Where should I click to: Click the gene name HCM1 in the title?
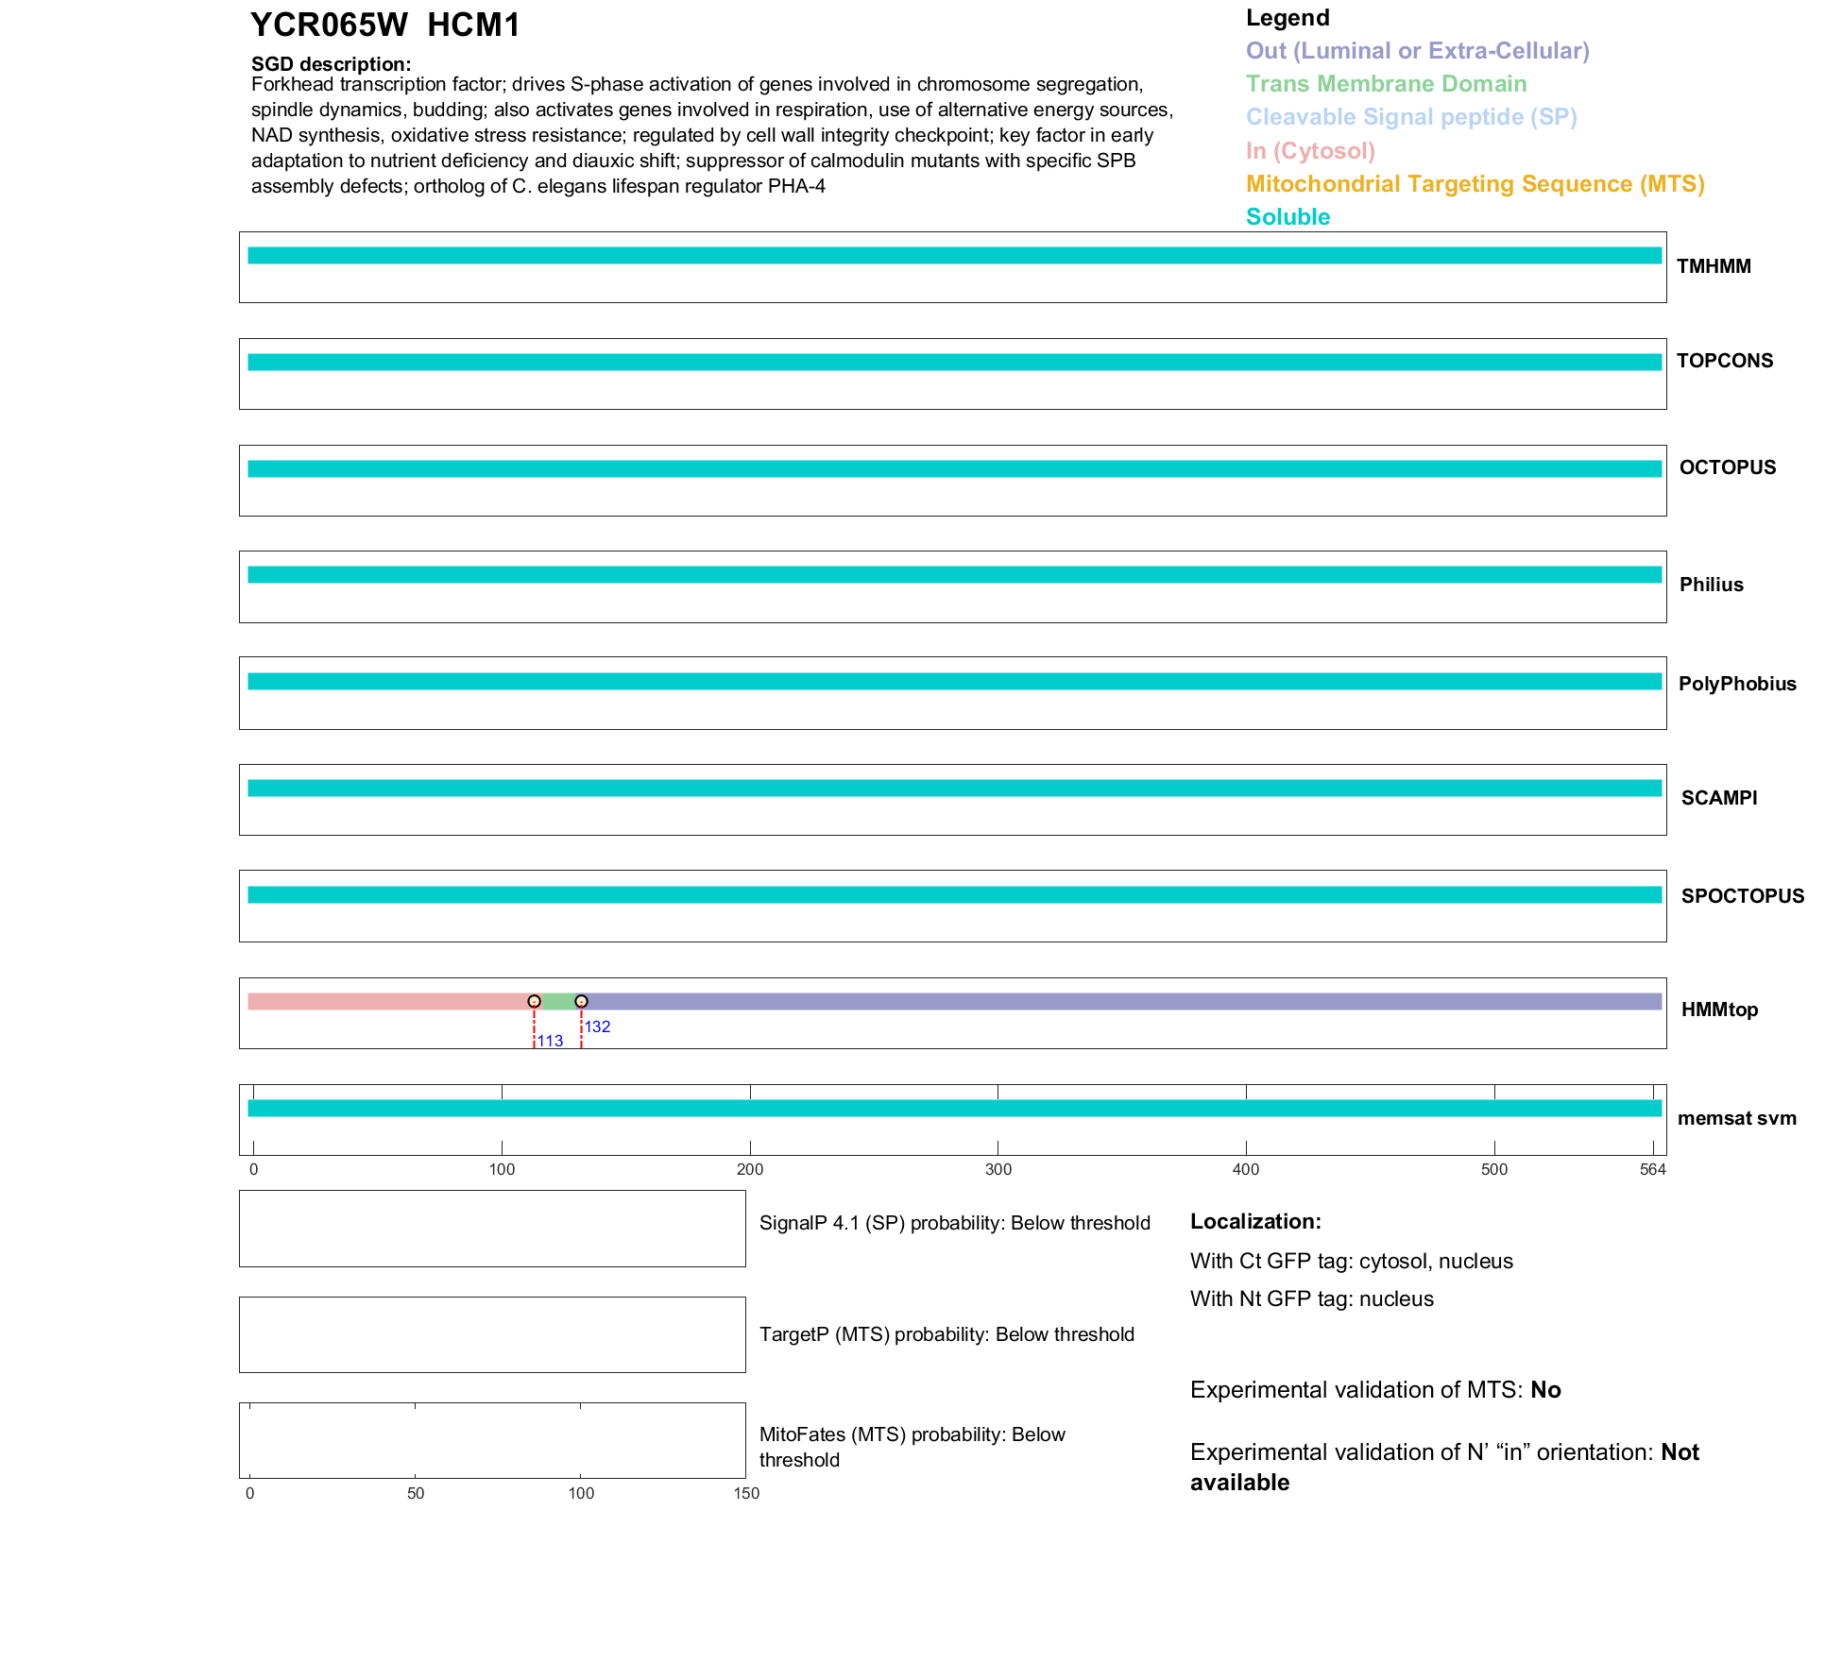[x=473, y=25]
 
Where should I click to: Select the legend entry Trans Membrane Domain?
[x=1386, y=84]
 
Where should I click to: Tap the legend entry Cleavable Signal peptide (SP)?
[x=1411, y=117]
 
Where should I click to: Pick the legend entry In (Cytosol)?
[x=1310, y=151]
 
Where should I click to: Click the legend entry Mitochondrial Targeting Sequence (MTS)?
[x=1475, y=184]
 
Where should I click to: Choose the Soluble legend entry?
[x=1288, y=217]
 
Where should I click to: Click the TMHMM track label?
[x=1714, y=266]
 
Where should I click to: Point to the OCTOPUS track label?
[x=1727, y=467]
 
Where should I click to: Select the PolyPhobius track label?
[x=1736, y=684]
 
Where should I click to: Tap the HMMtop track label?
[x=1719, y=1010]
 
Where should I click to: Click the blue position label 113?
[x=550, y=1041]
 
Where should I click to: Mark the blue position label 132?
[x=597, y=1027]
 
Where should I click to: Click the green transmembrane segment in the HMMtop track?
[x=558, y=1001]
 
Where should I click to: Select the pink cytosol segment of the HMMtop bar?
[x=387, y=1001]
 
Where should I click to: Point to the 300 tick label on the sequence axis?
[x=998, y=1169]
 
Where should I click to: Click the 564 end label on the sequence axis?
[x=1652, y=1169]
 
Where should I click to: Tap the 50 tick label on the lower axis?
[x=416, y=1493]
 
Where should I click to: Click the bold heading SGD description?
[x=331, y=64]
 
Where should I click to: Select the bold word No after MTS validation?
[x=1545, y=1390]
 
